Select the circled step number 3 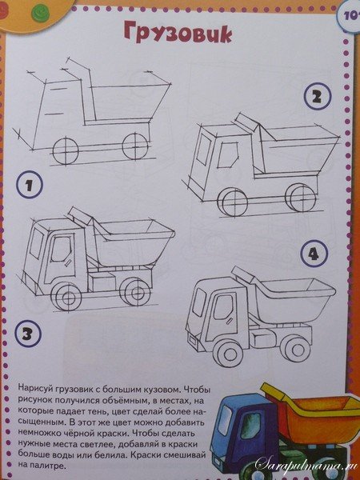[x=27, y=333]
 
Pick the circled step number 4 [x=314, y=255]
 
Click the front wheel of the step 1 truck [x=64, y=150]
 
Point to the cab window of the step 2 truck [x=229, y=156]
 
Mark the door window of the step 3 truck [x=59, y=254]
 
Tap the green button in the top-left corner [x=20, y=9]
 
